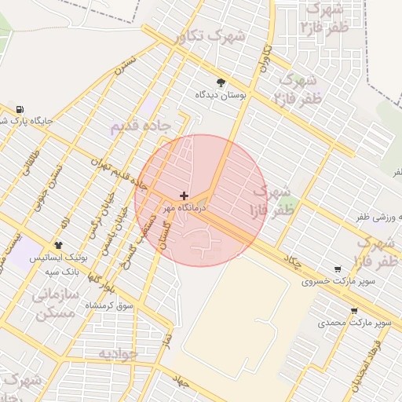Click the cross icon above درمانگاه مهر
click(185, 196)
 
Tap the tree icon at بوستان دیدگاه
click(220, 82)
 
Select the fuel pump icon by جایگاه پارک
click(20, 109)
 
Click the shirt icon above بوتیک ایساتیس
click(59, 246)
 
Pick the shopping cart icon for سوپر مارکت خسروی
click(338, 269)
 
